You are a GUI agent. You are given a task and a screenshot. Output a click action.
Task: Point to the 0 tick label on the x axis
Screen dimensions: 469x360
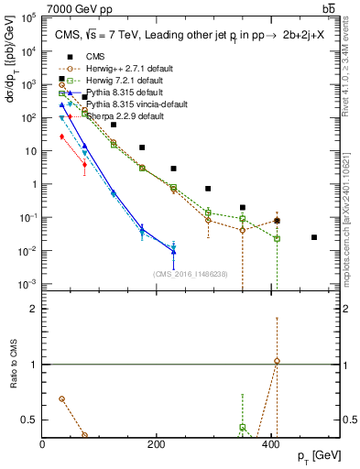(x=43, y=444)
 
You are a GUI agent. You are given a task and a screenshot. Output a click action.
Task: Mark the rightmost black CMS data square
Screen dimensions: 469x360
(x=314, y=237)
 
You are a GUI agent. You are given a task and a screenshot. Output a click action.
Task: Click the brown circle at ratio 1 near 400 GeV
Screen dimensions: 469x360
(x=277, y=361)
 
